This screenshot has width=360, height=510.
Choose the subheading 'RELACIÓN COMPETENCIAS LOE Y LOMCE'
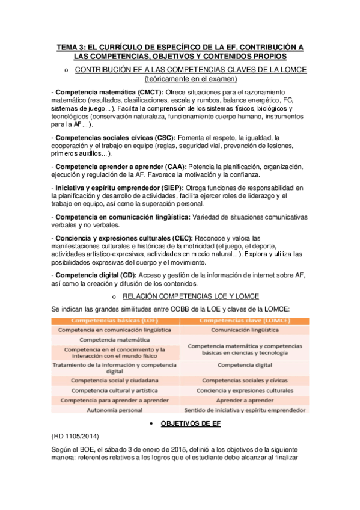coord(191,296)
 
